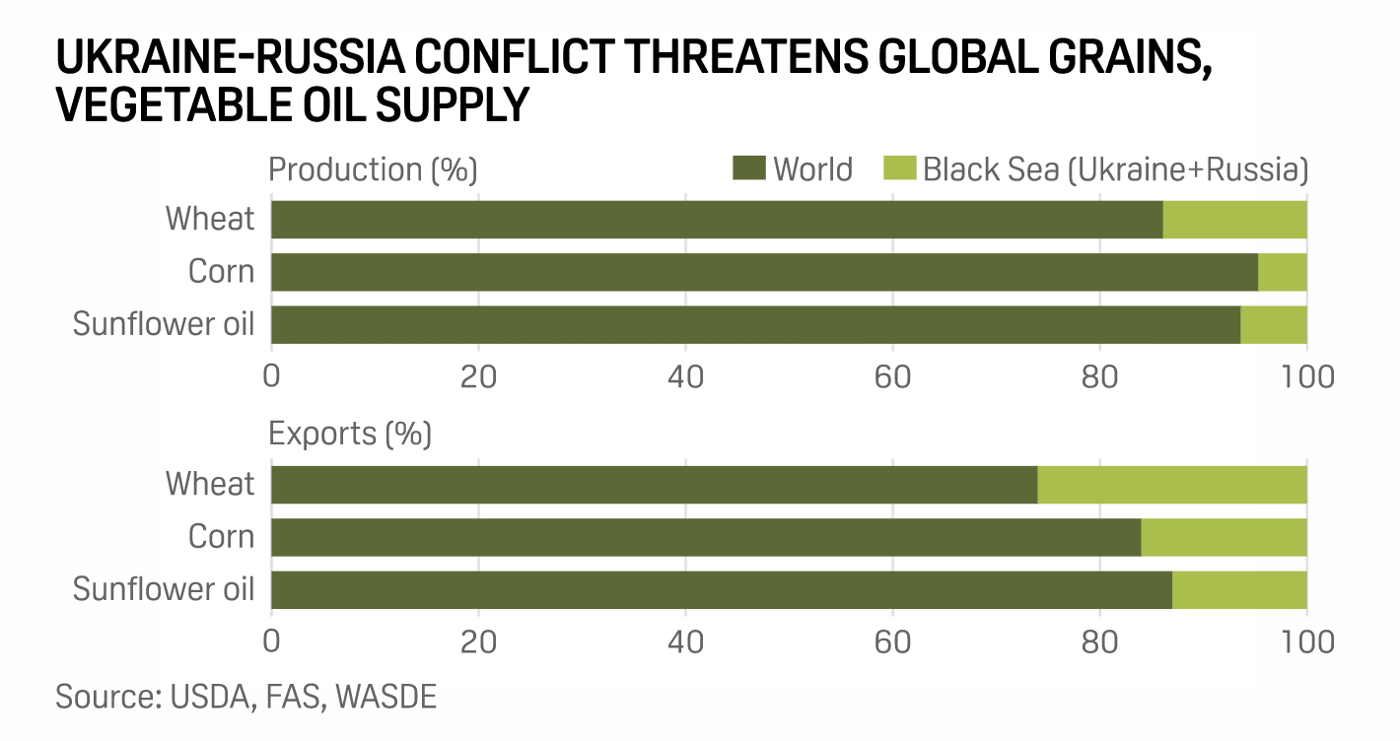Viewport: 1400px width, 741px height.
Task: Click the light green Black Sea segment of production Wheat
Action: [x=1234, y=220]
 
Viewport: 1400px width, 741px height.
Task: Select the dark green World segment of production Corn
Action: [x=764, y=272]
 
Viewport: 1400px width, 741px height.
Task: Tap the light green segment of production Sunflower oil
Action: [x=1273, y=324]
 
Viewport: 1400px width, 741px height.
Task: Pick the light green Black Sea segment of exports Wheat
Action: [x=1172, y=485]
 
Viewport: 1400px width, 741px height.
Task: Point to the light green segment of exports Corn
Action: [x=1224, y=537]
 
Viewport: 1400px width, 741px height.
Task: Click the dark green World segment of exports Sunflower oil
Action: [x=721, y=589]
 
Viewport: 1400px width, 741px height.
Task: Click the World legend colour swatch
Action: [x=748, y=168]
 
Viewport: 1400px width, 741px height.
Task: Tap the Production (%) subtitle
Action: [x=373, y=169]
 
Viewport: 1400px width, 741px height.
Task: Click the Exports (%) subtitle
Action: [x=350, y=434]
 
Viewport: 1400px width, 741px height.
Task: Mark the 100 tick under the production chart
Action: [x=1305, y=376]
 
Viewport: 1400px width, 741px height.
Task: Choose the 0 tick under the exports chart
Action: [x=271, y=641]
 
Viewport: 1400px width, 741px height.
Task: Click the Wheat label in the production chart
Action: [x=210, y=219]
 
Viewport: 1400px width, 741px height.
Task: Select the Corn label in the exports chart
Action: [x=221, y=537]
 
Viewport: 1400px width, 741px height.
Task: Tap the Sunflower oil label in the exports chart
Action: [x=164, y=589]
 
